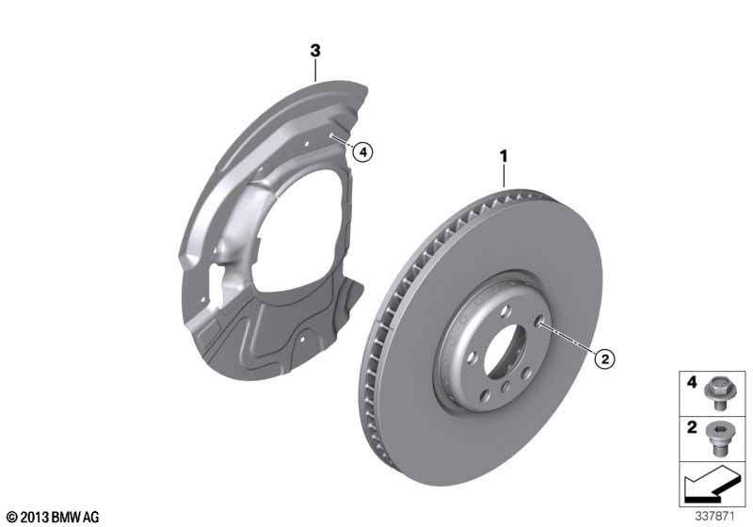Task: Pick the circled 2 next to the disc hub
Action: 605,358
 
